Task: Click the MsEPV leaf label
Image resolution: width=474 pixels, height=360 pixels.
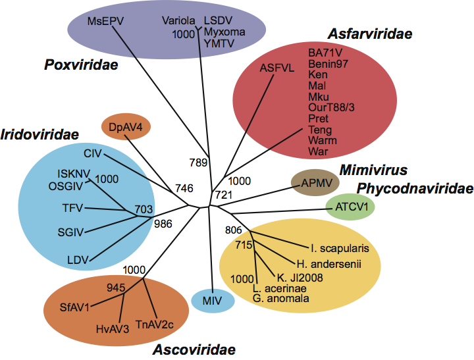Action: coord(101,21)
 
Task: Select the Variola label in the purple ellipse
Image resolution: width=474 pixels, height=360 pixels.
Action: coord(178,21)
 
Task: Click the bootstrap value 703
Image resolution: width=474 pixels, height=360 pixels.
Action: coord(144,209)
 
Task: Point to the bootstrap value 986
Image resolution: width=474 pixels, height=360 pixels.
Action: coord(163,224)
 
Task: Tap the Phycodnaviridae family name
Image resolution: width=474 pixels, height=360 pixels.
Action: coord(415,189)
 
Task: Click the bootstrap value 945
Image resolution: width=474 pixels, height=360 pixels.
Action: coord(117,287)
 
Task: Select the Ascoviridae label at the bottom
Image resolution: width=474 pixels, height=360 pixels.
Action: coord(194,349)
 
